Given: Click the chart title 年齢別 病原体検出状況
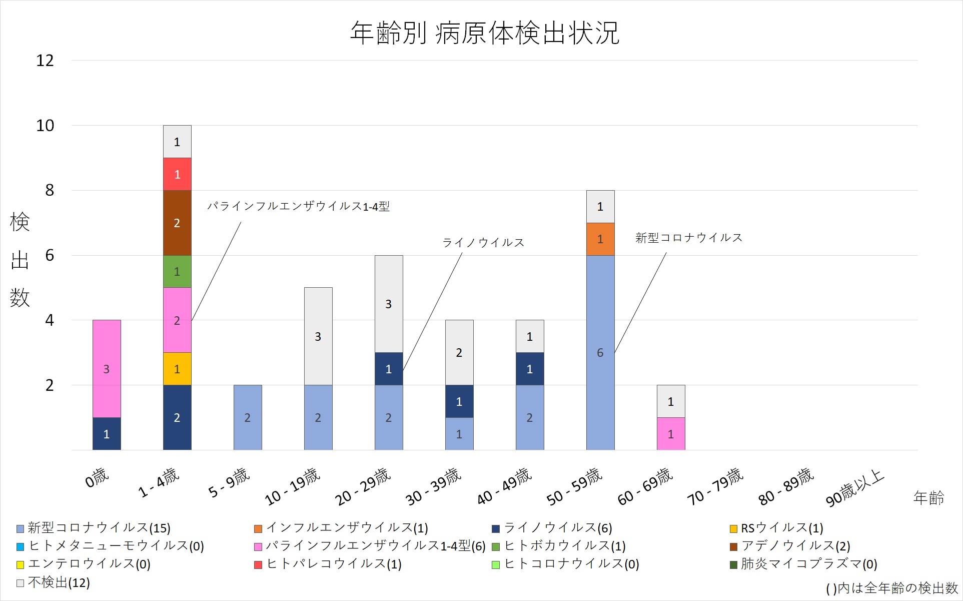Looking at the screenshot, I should [484, 33].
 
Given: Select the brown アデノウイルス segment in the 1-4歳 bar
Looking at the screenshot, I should [177, 223].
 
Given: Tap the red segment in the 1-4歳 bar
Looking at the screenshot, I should [177, 174].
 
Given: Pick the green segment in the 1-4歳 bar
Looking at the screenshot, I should [177, 272].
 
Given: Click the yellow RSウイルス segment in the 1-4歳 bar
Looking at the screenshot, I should [177, 369].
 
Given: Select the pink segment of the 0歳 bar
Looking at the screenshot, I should [107, 369].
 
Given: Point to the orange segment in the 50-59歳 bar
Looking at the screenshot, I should [600, 239].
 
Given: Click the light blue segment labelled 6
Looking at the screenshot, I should [600, 353].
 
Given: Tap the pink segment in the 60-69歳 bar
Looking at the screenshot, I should [671, 434].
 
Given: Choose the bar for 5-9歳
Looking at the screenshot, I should [248, 417].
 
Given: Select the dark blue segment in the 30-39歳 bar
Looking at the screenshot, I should [459, 401].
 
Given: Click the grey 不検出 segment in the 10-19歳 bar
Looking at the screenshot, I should [318, 336].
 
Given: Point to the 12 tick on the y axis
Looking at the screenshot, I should [45, 61].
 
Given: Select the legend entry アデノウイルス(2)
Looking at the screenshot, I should [795, 546].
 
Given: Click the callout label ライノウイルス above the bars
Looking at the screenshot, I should [483, 243].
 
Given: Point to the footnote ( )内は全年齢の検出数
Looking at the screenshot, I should [891, 588].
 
